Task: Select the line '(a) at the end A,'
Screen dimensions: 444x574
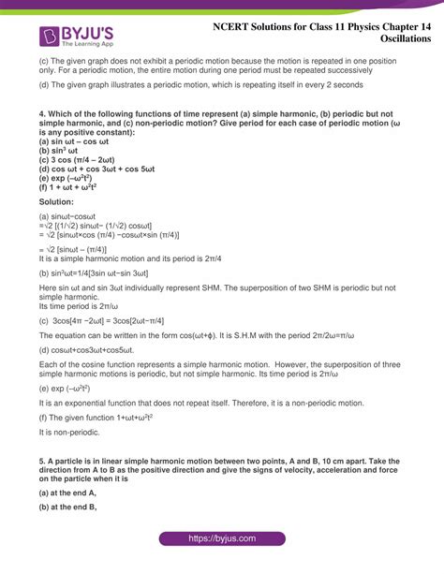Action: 68,492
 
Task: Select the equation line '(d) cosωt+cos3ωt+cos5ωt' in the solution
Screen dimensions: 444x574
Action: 89,348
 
